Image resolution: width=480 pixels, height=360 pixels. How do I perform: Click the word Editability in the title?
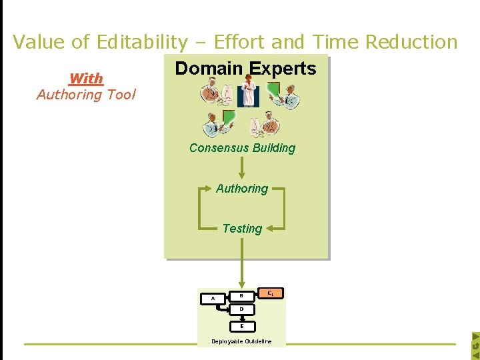coord(142,42)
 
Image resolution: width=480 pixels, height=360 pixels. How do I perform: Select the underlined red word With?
coord(86,79)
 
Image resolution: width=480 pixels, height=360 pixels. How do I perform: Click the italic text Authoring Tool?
coord(86,95)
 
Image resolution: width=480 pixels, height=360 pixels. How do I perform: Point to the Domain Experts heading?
coord(245,69)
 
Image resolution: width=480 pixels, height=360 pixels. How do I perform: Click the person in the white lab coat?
coord(249,91)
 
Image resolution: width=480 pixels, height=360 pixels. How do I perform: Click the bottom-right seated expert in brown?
coord(266,125)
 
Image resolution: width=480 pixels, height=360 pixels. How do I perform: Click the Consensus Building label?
coord(242,148)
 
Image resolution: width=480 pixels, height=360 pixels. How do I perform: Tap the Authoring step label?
coord(242,189)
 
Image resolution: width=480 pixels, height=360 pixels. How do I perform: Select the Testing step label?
coord(242,229)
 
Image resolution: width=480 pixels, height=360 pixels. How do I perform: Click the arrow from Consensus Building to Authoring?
coord(242,169)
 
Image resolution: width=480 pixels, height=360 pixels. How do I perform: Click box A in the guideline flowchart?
coord(213,299)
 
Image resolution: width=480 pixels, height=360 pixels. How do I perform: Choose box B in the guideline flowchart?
coord(241,295)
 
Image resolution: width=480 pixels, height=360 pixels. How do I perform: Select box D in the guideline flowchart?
coord(241,310)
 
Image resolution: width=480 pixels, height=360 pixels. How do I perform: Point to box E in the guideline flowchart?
coord(241,326)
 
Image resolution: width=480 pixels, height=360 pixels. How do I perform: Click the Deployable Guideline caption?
coord(241,341)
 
